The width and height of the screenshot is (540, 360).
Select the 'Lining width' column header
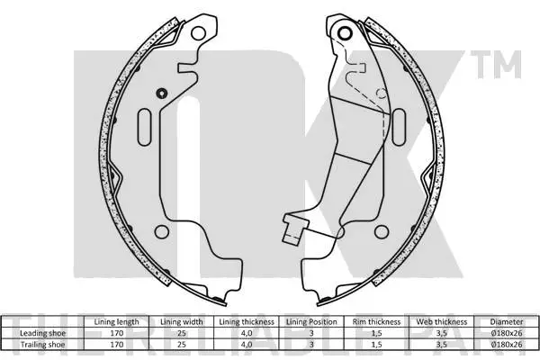click(183, 321)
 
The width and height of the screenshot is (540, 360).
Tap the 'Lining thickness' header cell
click(247, 321)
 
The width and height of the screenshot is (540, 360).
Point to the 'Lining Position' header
click(310, 321)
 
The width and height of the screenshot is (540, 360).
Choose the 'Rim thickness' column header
click(374, 321)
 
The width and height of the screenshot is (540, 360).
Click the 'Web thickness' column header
click(438, 321)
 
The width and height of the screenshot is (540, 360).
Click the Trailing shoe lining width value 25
click(183, 343)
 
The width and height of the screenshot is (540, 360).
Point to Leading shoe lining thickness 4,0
click(247, 332)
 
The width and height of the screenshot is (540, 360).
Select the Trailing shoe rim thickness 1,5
click(374, 343)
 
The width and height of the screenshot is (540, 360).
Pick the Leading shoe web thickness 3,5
click(438, 332)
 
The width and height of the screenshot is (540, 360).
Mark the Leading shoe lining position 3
click(310, 332)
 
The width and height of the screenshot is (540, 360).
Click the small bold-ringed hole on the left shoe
click(161, 94)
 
